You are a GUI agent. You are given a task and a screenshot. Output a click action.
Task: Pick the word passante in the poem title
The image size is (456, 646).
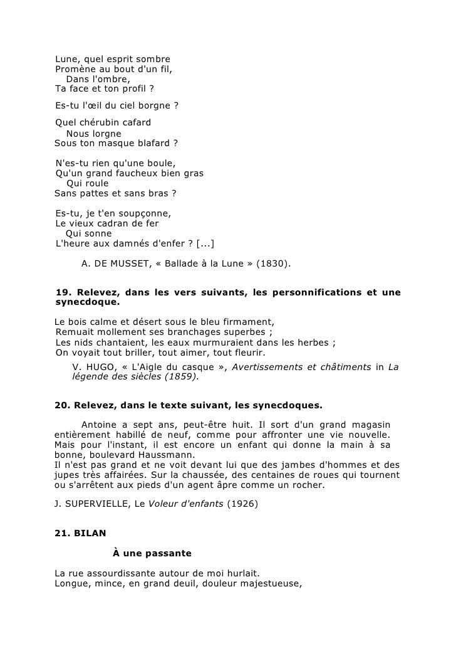pos(167,554)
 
